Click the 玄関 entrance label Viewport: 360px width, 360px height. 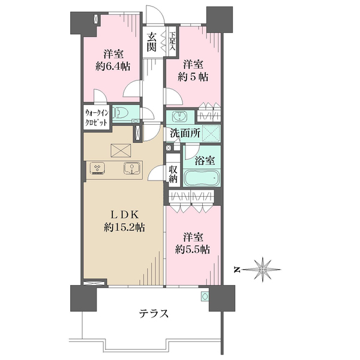pyautogui.click(x=152, y=42)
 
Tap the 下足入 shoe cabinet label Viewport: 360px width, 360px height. pyautogui.click(x=172, y=41)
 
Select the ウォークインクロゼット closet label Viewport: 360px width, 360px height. pyautogui.click(x=97, y=118)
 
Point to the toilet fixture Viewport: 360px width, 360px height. pyautogui.click(x=122, y=113)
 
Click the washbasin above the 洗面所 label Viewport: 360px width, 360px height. pyautogui.click(x=180, y=116)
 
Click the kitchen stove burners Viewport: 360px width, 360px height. pyautogui.click(x=98, y=168)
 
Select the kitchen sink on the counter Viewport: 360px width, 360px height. pyautogui.click(x=132, y=168)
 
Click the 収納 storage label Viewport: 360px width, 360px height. pyautogui.click(x=173, y=174)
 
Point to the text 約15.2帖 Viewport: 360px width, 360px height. pyautogui.click(x=124, y=227)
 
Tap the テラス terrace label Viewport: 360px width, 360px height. pyautogui.click(x=154, y=313)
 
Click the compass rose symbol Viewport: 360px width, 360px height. pyautogui.click(x=262, y=269)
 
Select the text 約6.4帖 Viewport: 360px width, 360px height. pyautogui.click(x=113, y=67)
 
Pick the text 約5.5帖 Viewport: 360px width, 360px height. pyautogui.click(x=193, y=249)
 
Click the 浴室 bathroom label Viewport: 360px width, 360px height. pyautogui.click(x=205, y=160)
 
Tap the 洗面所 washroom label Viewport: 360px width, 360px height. pyautogui.click(x=185, y=133)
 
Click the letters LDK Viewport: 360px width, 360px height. pyautogui.click(x=124, y=215)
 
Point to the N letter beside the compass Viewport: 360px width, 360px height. pyautogui.click(x=237, y=269)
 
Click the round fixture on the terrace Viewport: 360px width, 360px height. pyautogui.click(x=205, y=296)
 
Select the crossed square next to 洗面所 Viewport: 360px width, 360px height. pyautogui.click(x=211, y=133)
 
